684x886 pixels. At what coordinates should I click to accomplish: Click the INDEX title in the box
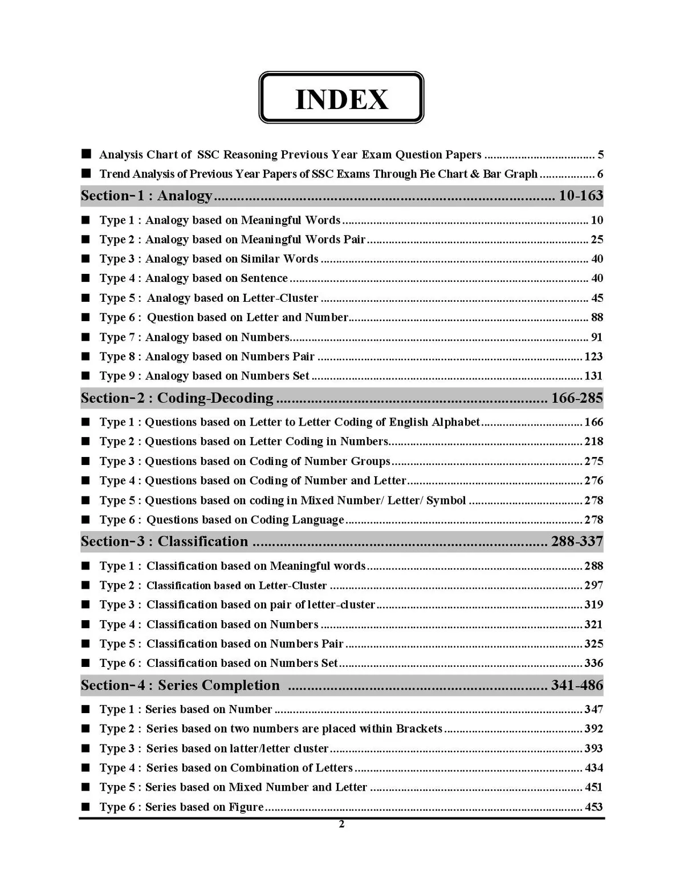point(341,99)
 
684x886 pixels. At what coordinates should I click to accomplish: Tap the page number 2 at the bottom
point(341,824)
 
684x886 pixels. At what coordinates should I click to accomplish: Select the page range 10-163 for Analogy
point(580,196)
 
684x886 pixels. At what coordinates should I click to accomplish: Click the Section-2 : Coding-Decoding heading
point(177,398)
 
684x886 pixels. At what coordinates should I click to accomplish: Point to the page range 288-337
point(577,541)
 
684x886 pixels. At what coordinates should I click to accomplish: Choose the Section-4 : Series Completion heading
point(180,685)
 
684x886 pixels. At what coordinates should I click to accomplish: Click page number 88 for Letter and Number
point(597,317)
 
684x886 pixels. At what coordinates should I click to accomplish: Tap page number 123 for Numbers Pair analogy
point(593,357)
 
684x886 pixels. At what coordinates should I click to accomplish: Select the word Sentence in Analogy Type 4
point(264,278)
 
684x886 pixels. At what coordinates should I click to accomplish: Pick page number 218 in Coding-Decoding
point(593,442)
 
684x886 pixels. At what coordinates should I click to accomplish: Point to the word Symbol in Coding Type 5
point(446,500)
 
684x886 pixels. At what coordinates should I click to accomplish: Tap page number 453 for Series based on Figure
point(593,807)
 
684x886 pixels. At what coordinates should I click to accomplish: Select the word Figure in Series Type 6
point(246,807)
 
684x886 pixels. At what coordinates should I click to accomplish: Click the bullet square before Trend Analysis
point(86,173)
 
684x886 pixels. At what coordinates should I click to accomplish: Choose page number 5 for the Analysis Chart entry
point(601,155)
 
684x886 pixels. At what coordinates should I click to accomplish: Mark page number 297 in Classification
point(593,585)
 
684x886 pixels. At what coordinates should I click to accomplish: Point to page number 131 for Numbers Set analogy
point(593,376)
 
